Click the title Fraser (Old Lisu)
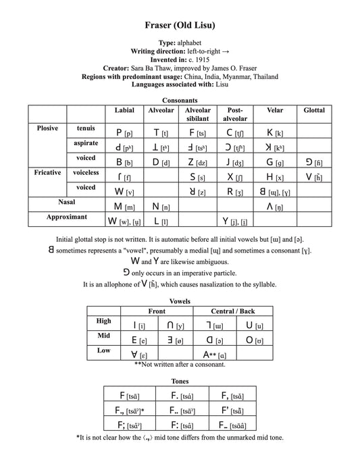coord(180,26)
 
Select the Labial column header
coord(125,110)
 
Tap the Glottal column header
coord(314,110)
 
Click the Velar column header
coord(275,110)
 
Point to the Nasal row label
coord(66,202)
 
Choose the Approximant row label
coord(66,217)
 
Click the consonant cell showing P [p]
coord(124,133)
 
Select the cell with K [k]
coord(275,133)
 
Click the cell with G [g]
coord(275,163)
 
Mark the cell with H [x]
coord(275,177)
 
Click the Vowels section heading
coord(180,301)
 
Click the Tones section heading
coord(180,381)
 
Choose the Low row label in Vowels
coord(104,351)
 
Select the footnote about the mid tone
coord(180,438)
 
